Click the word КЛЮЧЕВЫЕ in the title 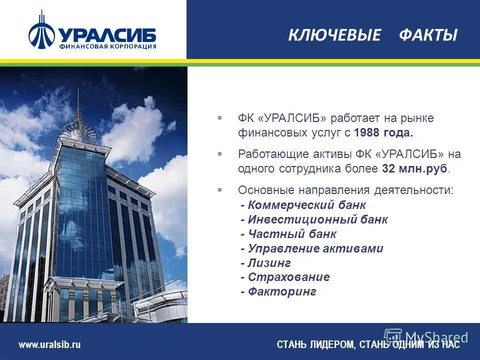pyautogui.click(x=334, y=35)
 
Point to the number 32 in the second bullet pyautogui.click(x=388, y=168)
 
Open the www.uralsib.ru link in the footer pyautogui.click(x=49, y=344)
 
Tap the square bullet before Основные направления pyautogui.click(x=219, y=189)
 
